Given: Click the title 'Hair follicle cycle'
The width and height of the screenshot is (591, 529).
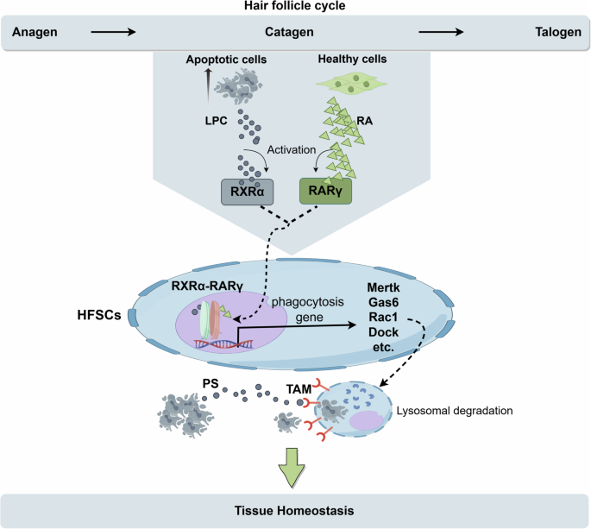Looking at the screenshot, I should [295, 7].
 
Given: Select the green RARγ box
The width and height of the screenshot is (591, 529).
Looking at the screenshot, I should [325, 192].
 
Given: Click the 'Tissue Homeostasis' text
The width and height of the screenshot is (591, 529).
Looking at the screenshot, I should [294, 509].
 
